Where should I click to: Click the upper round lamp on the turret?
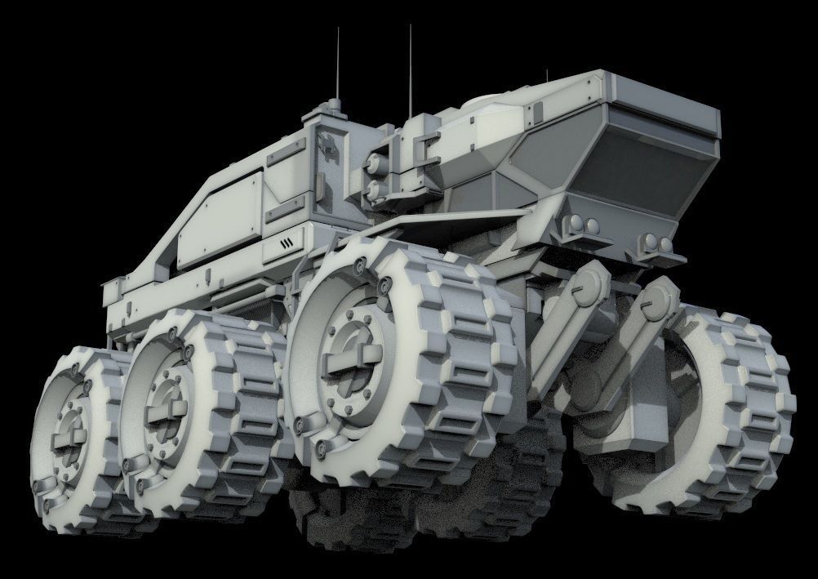378,163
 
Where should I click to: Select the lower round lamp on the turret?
377,191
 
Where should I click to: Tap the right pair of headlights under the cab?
654,243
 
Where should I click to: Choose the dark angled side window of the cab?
540,156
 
